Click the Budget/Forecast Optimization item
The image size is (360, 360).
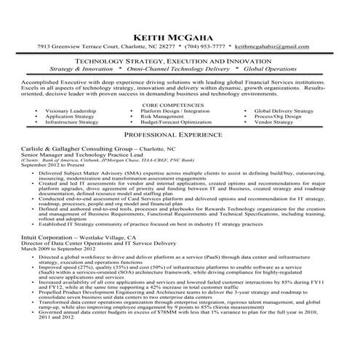tap(176, 122)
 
